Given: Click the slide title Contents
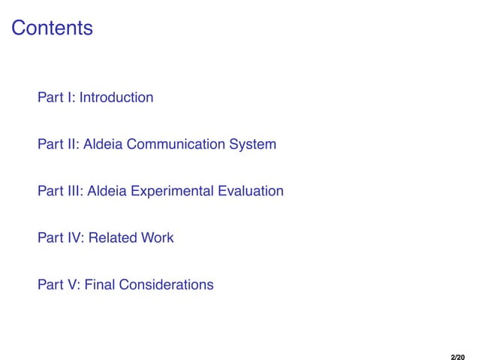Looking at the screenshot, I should click(x=53, y=29).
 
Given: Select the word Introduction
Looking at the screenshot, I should click(x=116, y=98).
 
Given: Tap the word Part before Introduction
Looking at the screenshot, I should click(x=50, y=98).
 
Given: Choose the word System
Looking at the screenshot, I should click(x=254, y=144).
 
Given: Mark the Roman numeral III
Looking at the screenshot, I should click(x=74, y=192).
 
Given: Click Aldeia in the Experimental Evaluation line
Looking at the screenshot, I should click(x=107, y=192).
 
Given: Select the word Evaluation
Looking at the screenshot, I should click(x=251, y=192).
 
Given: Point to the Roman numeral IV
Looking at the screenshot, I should click(x=74, y=238).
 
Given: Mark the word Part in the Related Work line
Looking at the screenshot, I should click(x=50, y=238).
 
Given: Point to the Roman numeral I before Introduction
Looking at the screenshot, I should click(x=68, y=98).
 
